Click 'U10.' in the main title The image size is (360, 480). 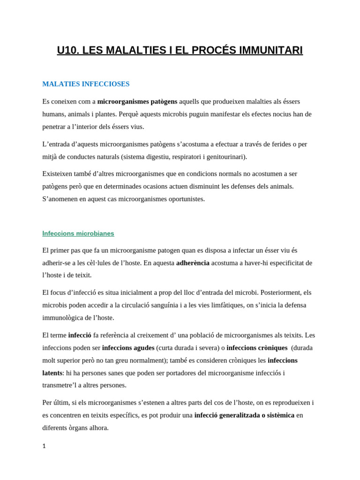68,50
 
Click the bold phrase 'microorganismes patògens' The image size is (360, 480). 137,101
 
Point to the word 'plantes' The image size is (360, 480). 103,114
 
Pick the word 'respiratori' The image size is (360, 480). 180,157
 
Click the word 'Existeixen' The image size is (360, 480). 58,173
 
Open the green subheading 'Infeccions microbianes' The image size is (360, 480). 78,233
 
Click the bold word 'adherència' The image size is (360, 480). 193,262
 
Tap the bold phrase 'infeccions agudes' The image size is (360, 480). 128,348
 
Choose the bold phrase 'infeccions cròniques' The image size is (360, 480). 257,348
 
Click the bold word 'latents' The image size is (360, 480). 52,373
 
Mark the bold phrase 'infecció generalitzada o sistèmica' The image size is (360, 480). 244,415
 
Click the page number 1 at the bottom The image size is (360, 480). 44,446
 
